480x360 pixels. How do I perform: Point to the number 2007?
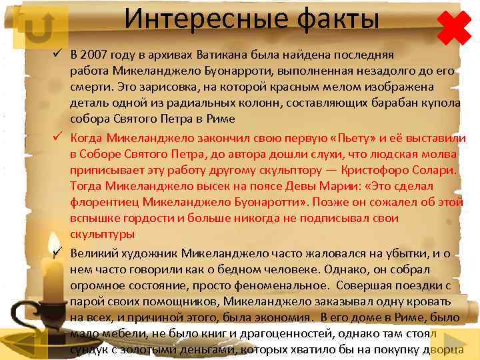[x=99, y=55]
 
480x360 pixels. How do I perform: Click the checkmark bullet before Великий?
[x=58, y=252]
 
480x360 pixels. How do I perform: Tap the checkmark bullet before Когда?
[x=58, y=139]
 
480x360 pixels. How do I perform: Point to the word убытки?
[x=389, y=253]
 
